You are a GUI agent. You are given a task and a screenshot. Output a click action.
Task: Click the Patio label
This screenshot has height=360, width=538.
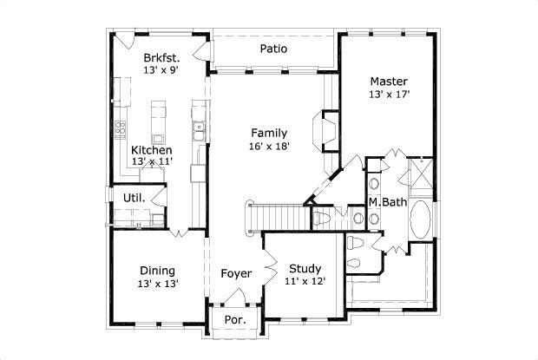[x=273, y=49]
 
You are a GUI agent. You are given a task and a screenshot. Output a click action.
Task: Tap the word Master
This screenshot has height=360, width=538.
[x=388, y=82]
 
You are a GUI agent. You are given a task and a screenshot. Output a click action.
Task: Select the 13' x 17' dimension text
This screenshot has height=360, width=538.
[x=388, y=95]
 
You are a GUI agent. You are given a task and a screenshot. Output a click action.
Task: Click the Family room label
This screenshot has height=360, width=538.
[x=270, y=133]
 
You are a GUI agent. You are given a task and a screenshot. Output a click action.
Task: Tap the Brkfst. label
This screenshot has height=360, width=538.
[x=162, y=57]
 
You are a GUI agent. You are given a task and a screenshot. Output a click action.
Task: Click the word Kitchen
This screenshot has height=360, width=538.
[x=151, y=150]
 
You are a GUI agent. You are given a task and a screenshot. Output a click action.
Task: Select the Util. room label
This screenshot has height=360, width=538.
[x=133, y=196]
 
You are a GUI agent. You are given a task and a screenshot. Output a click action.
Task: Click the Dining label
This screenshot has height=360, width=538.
[x=157, y=270]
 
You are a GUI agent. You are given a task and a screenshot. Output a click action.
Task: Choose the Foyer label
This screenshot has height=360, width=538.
[x=236, y=274]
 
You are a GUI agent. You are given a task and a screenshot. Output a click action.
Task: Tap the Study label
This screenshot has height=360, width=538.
[x=305, y=269]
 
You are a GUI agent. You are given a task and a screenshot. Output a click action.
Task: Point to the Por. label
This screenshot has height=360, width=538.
[x=235, y=319]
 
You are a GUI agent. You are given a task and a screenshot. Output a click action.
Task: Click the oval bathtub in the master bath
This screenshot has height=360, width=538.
[x=423, y=221]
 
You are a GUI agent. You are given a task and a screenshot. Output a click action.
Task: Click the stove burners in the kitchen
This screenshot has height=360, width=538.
[x=119, y=130]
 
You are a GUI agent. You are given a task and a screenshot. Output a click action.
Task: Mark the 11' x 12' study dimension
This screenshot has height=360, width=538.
[x=305, y=282]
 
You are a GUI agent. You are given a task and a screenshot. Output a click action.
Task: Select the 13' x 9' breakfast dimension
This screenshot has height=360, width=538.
[x=162, y=70]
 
